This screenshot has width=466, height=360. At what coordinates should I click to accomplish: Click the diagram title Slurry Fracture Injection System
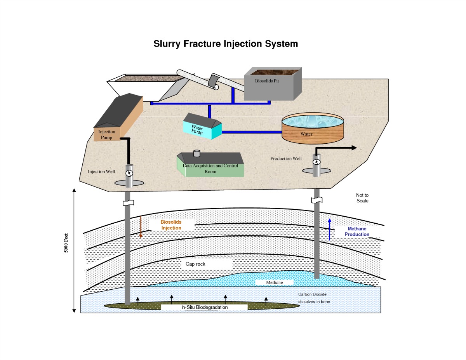(x=226, y=44)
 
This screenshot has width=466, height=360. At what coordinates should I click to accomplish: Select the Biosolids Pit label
(x=267, y=81)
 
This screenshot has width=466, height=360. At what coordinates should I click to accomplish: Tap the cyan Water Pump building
(x=202, y=127)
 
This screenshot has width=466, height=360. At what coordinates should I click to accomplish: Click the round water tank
(x=313, y=128)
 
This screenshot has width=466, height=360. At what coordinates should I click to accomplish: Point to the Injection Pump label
(x=106, y=134)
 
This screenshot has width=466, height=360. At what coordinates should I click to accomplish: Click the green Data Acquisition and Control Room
(x=210, y=165)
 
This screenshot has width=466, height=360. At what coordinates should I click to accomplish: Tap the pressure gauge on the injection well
(x=129, y=173)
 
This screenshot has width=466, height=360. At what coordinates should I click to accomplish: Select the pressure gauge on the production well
(x=316, y=162)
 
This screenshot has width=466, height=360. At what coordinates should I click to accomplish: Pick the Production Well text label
(x=286, y=158)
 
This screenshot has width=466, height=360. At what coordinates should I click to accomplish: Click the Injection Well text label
(x=101, y=172)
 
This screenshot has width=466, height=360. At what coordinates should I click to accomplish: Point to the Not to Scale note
(x=362, y=198)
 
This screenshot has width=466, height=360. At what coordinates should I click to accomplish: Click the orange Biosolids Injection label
(x=171, y=225)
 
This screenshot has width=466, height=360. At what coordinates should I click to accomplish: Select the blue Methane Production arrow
(x=330, y=230)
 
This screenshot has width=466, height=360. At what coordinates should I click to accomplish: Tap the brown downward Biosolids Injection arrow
(x=141, y=227)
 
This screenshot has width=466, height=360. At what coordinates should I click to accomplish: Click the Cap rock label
(x=195, y=264)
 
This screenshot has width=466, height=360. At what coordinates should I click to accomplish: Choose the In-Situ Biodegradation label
(x=205, y=307)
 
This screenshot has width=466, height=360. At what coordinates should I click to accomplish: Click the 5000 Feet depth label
(x=66, y=243)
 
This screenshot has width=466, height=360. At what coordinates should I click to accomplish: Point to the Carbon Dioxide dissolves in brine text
(x=314, y=298)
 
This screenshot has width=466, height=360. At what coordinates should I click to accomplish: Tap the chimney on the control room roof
(x=196, y=153)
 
